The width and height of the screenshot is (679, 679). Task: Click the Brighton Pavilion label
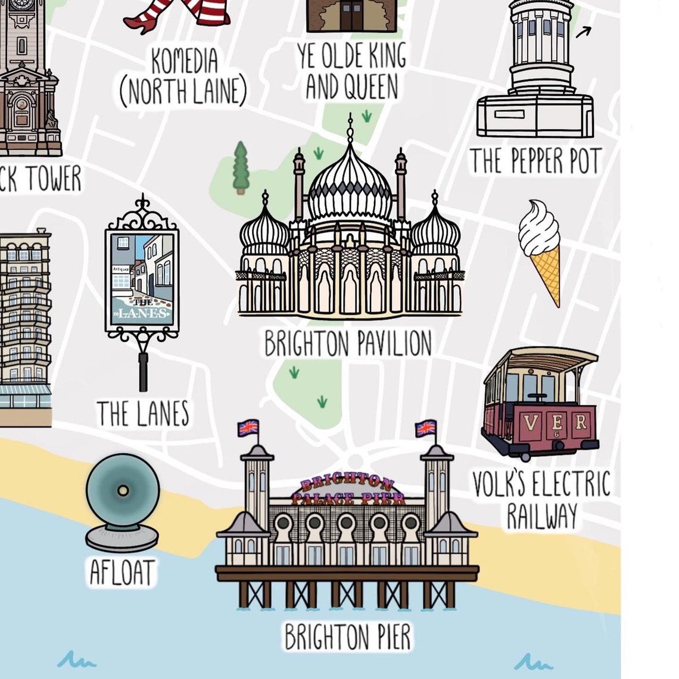click(x=348, y=344)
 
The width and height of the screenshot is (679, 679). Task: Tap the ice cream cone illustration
click(x=540, y=250)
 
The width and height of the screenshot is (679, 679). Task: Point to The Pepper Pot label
click(x=535, y=161)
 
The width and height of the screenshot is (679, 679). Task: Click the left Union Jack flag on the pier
click(x=248, y=428)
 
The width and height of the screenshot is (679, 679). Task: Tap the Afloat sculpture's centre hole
click(x=123, y=491)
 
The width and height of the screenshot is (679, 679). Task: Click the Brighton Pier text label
click(x=348, y=637)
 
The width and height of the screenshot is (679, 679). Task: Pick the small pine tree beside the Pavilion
click(x=240, y=167)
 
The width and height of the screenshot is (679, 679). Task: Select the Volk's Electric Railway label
click(x=541, y=499)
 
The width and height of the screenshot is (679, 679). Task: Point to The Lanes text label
click(x=143, y=413)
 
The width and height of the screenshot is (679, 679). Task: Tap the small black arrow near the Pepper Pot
click(x=584, y=32)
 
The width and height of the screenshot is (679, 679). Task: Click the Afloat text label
click(x=122, y=572)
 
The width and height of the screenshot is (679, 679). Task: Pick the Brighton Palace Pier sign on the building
click(x=348, y=490)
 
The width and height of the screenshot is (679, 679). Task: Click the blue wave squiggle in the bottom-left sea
click(x=77, y=660)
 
